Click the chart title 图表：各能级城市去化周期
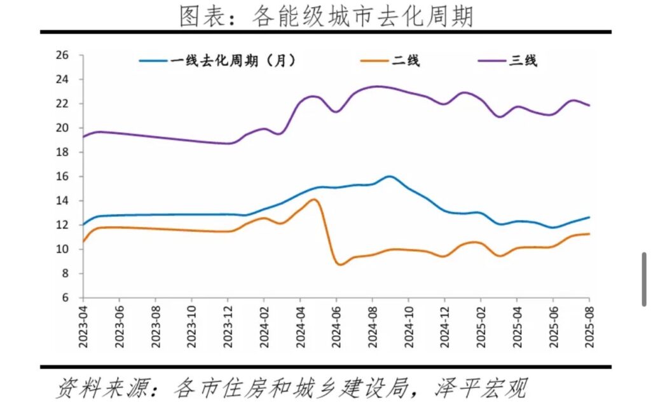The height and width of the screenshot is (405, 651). click(325, 16)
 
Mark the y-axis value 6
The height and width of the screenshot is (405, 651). click(65, 298)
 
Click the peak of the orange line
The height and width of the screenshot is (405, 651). click(314, 199)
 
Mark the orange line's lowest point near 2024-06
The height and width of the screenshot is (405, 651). click(339, 264)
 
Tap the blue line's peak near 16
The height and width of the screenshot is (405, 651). click(389, 176)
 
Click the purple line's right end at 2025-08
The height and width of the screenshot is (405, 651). click(589, 106)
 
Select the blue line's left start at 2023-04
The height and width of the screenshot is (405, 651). click(83, 224)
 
